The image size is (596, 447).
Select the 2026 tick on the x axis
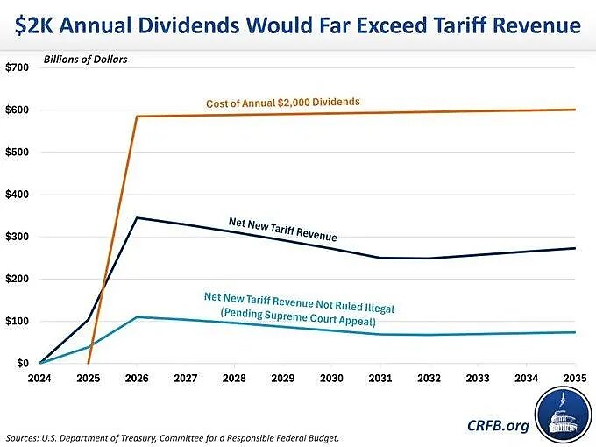138,379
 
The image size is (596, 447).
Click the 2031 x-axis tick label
379,379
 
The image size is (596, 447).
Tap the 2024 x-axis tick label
40,379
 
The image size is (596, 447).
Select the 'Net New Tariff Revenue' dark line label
282,230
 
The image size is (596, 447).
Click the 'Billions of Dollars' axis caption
86,60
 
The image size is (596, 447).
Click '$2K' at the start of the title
37,25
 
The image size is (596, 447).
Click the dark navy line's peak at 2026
138,217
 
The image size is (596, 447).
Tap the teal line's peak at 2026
138,317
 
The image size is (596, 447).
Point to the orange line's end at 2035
575,110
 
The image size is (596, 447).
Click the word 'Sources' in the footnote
25,436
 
